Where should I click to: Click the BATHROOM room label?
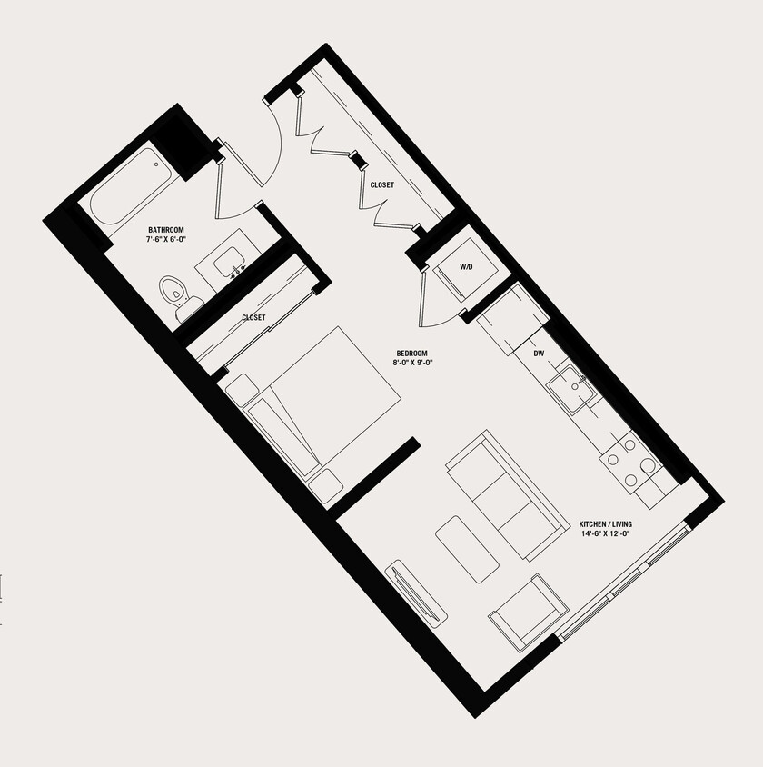coord(167,230)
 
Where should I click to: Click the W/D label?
coord(467,267)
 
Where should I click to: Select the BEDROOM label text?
coord(411,354)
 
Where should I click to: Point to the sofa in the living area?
coord(500,495)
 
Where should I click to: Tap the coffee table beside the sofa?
coord(467,549)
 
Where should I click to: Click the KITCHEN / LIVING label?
coord(605,524)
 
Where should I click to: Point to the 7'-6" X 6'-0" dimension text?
coord(167,240)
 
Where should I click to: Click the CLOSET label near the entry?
coord(381,185)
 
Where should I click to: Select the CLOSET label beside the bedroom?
coord(253,317)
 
